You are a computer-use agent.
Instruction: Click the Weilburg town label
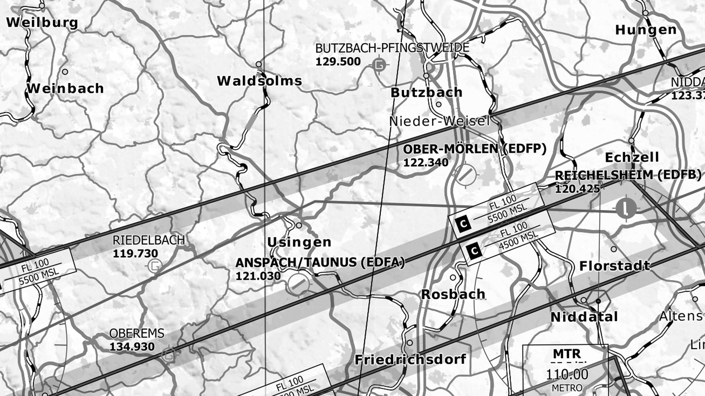point(42,22)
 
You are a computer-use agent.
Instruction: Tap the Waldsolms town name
point(260,81)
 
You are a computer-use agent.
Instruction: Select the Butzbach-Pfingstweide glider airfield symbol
point(380,65)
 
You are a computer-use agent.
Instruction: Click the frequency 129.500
point(338,62)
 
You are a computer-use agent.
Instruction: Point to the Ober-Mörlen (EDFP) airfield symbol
point(466,174)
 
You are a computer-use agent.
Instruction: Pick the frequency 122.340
point(425,163)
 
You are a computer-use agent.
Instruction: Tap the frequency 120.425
point(577,189)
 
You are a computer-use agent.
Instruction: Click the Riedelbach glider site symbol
point(155,265)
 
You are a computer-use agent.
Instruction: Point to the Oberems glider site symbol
point(169,354)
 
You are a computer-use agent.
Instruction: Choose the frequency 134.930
point(132,347)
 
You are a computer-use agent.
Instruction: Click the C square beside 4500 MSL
point(474,252)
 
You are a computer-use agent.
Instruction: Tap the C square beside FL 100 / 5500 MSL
point(463,224)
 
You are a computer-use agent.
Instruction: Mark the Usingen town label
point(299,242)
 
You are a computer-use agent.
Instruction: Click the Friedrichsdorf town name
point(410,360)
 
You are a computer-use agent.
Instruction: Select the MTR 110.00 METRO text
point(567,370)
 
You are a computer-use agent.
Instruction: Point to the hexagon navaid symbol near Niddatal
point(598,301)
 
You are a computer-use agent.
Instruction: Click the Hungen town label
point(646,30)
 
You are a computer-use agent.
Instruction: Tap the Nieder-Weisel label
point(439,121)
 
